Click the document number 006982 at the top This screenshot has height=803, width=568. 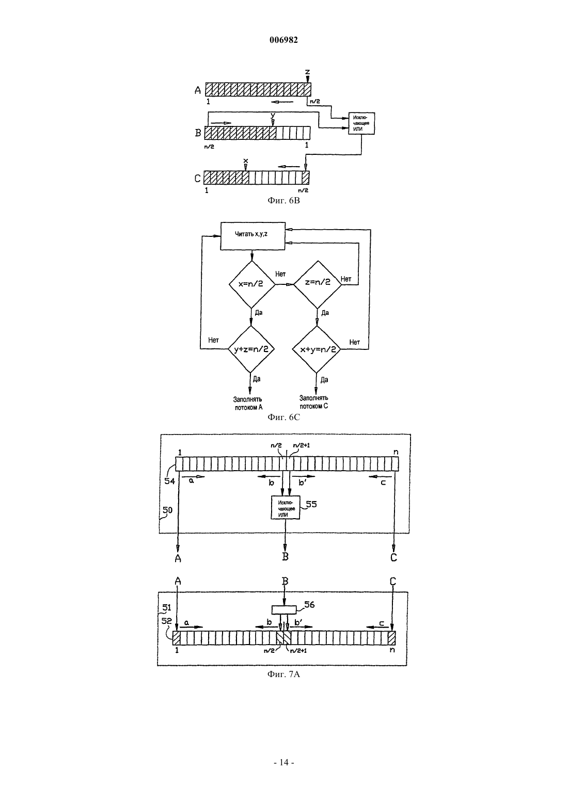283,40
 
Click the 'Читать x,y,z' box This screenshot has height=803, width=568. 253,235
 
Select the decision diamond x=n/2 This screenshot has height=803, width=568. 252,284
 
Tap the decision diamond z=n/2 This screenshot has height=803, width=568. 318,284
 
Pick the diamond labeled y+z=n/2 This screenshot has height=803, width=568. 251,349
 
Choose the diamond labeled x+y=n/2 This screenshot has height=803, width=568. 317,349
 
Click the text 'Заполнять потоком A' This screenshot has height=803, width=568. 248,403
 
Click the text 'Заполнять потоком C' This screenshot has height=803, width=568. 314,402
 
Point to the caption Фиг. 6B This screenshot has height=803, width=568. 283,200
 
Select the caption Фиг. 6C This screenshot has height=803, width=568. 283,417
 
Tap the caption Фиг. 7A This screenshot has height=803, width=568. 283,674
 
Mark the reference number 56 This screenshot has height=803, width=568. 309,605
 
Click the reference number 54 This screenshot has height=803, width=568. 169,481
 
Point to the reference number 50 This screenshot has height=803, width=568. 167,510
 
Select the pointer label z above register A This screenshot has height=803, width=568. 307,72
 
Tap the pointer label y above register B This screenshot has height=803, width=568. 273,116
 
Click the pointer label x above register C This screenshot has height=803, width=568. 246,161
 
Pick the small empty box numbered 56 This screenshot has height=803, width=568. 284,609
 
